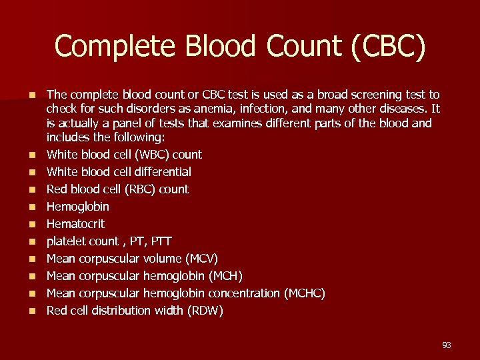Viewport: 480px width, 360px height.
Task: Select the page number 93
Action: pos(446,345)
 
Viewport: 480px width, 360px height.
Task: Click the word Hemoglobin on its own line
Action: pos(78,207)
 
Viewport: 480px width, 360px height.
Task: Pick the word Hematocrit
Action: pos(75,224)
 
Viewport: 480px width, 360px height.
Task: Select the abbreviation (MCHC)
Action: pos(305,293)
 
